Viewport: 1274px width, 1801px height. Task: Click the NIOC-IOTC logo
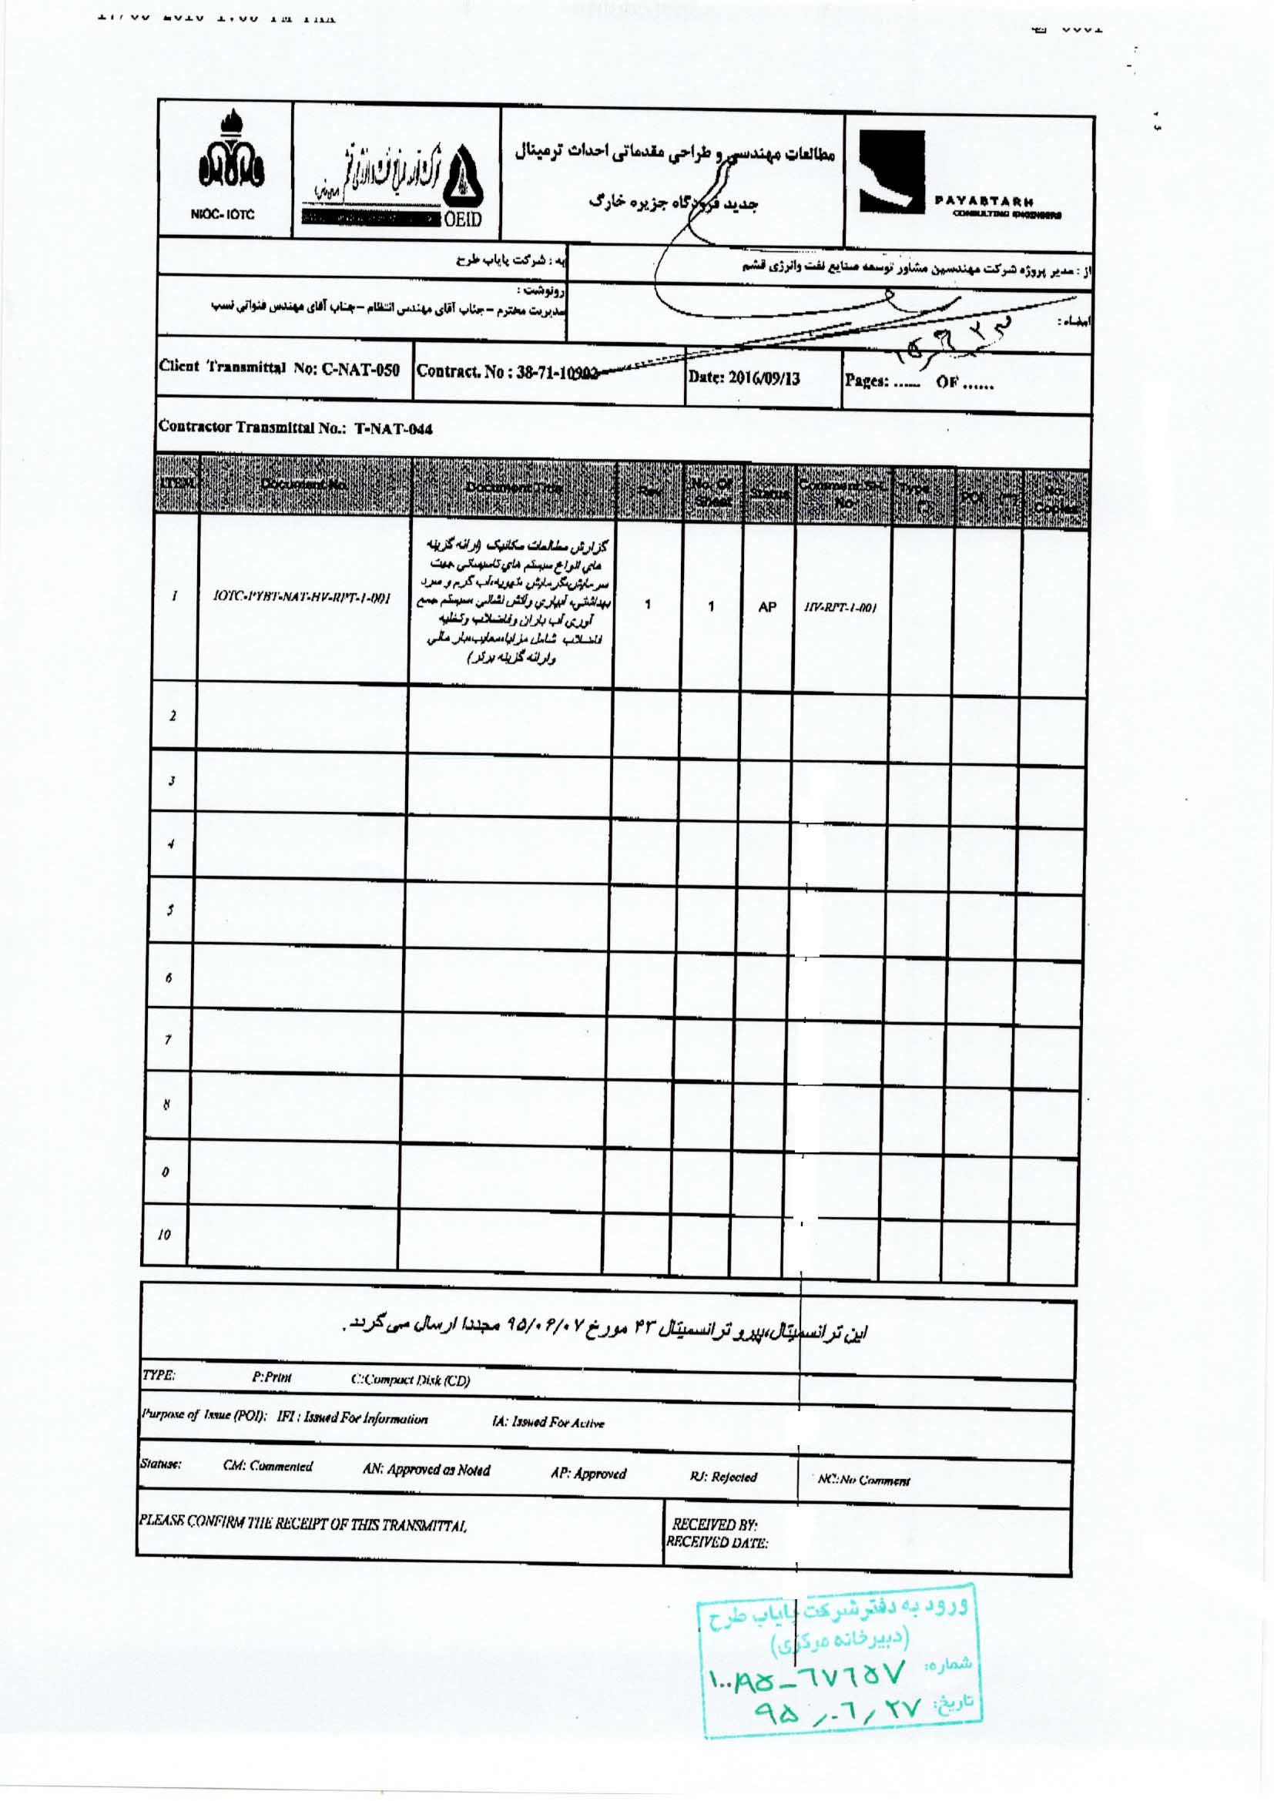(224, 169)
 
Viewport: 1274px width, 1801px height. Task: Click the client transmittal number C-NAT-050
(280, 370)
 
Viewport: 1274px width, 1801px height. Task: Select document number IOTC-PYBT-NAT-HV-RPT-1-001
(303, 598)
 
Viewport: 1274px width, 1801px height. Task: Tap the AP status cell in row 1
(767, 606)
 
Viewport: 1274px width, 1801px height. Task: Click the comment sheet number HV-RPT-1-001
(840, 608)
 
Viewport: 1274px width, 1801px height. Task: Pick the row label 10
(164, 1235)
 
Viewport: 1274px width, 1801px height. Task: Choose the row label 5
(169, 911)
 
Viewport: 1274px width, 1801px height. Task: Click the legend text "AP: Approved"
(588, 1473)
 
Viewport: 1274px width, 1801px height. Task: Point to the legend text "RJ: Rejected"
(723, 1477)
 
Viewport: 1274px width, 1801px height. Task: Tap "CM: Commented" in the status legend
(267, 1466)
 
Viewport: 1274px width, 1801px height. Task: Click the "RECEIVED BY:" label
(714, 1525)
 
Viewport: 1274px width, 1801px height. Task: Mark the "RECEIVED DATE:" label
(717, 1543)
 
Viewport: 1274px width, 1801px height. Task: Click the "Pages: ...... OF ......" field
(919, 383)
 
